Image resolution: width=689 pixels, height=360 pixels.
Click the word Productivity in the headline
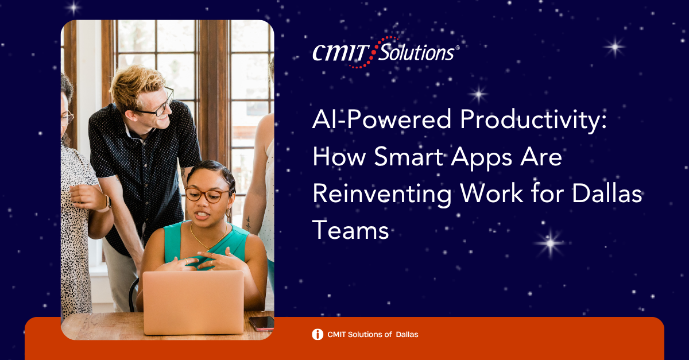[x=533, y=121]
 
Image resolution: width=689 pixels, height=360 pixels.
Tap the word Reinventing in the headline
[x=382, y=195]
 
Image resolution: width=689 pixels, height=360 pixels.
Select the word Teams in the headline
[x=351, y=230]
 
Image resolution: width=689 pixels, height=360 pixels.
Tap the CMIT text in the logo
[x=341, y=53]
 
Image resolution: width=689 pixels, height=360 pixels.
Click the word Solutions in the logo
[x=416, y=52]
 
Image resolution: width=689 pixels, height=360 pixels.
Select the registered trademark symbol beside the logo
[x=458, y=48]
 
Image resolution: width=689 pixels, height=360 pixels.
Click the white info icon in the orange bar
[x=318, y=334]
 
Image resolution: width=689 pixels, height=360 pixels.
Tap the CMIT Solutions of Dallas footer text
[x=373, y=335]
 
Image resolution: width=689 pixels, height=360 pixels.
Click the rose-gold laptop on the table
[x=193, y=302]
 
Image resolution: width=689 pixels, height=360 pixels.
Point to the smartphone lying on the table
[x=262, y=323]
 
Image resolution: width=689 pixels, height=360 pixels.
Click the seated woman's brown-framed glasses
[x=207, y=195]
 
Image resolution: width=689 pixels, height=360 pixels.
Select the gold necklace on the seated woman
[x=208, y=238]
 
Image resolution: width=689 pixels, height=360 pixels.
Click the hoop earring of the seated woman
[x=228, y=213]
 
